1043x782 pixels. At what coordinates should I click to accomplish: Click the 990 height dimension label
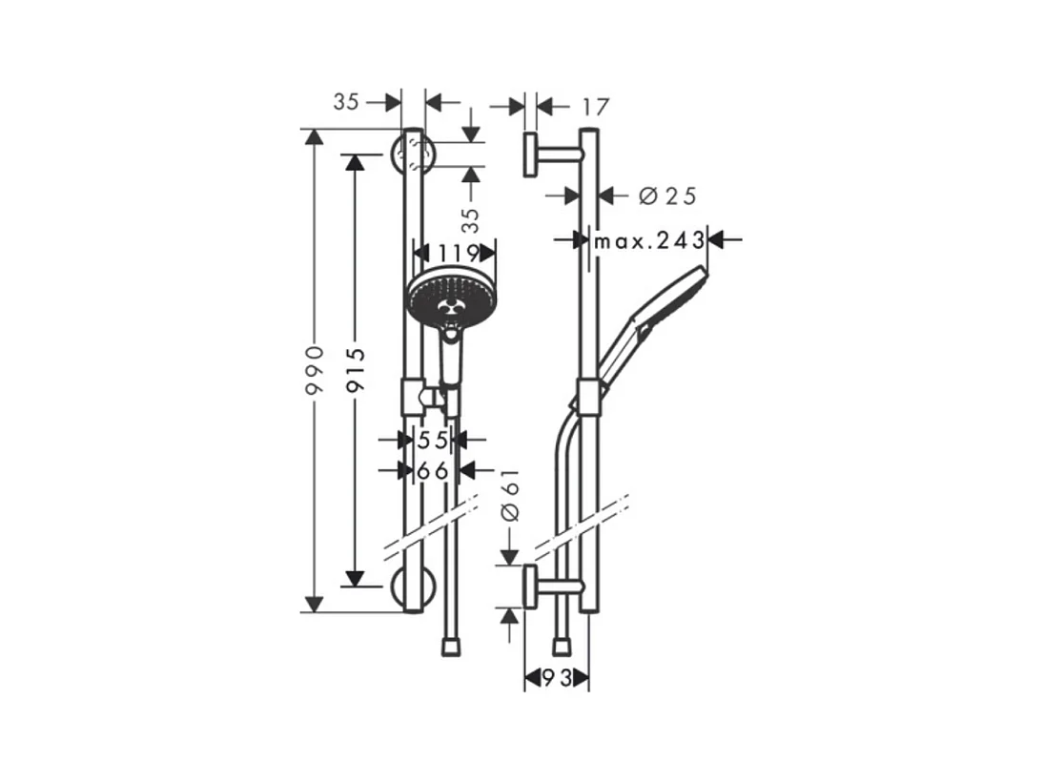(x=314, y=370)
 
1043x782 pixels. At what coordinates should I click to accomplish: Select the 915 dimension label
(x=356, y=369)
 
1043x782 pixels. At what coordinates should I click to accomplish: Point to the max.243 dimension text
(x=649, y=240)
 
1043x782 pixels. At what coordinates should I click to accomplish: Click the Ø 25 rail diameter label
(x=667, y=195)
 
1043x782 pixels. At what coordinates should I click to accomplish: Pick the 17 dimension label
(x=595, y=107)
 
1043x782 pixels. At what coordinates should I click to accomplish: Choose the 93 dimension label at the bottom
(x=558, y=678)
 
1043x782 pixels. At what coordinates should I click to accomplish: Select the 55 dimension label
(x=433, y=440)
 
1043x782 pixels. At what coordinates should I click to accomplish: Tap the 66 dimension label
(x=433, y=470)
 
